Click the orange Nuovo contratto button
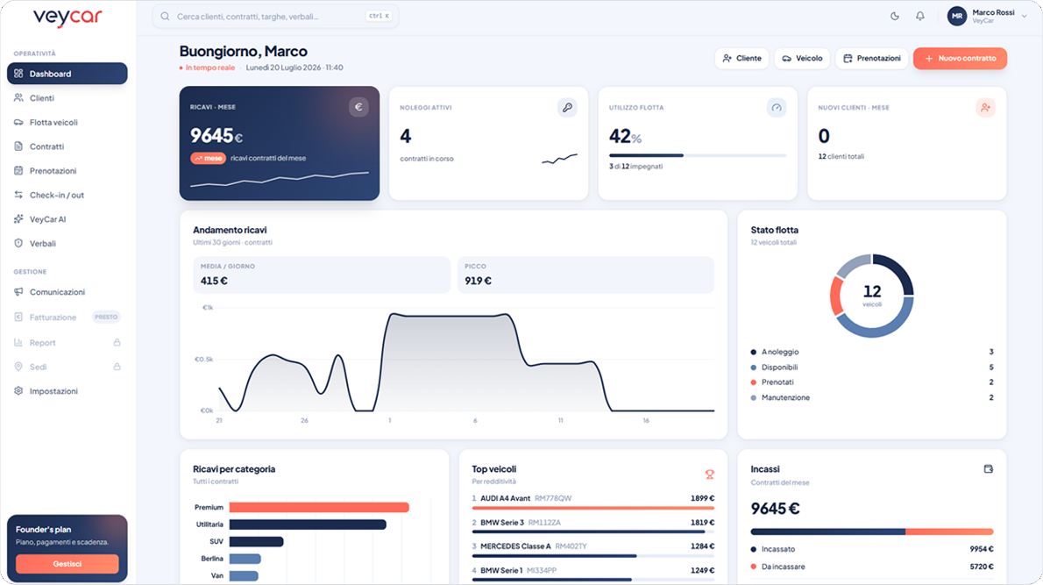pos(960,59)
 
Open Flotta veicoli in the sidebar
pos(53,123)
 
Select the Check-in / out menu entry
pos(57,195)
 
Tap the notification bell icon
pos(920,16)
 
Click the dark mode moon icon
pos(895,16)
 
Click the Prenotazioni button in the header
pos(872,59)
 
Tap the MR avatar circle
pos(956,16)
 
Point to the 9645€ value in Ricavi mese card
pos(216,136)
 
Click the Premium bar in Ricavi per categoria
pos(319,507)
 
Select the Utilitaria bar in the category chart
pos(308,524)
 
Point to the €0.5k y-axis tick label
pos(203,360)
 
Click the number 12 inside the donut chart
pos(872,291)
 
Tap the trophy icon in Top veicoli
pos(710,474)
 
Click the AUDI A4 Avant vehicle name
pos(506,498)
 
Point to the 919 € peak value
pos(479,281)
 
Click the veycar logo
pos(67,18)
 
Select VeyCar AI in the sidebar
pos(47,219)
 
